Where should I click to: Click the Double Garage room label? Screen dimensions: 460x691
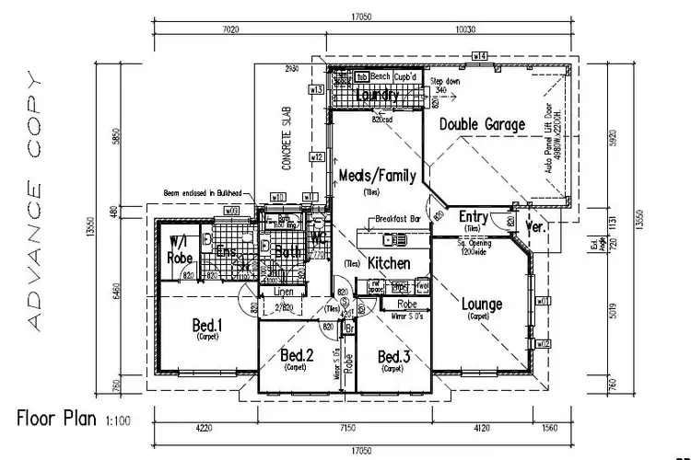(x=482, y=124)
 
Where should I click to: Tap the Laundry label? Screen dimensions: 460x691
(x=378, y=95)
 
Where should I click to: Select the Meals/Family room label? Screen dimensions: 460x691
(x=378, y=175)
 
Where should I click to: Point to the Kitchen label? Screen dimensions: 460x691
(x=389, y=264)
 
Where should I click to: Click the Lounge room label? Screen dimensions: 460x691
(x=482, y=304)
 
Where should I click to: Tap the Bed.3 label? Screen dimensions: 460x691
(x=393, y=356)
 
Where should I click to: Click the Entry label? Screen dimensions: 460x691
(x=473, y=216)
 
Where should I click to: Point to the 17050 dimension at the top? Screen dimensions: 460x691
(x=359, y=17)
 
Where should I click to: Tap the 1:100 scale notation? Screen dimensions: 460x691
(x=118, y=421)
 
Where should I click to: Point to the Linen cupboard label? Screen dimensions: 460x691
(x=271, y=292)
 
